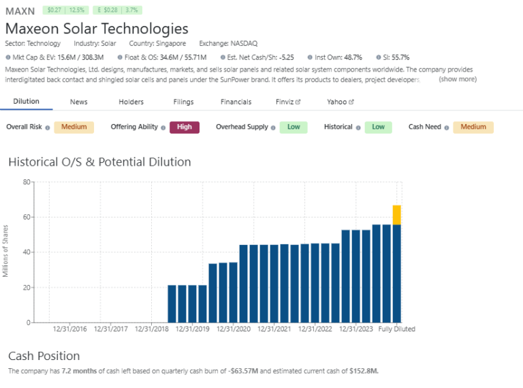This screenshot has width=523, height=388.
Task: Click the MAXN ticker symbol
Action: [x=20, y=11]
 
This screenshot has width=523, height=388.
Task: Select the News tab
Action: [x=79, y=102]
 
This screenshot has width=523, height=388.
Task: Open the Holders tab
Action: [x=131, y=102]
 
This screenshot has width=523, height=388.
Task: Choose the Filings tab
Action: [x=183, y=102]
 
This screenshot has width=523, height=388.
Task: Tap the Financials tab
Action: [x=236, y=102]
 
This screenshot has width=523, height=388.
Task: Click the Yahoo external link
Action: [x=340, y=102]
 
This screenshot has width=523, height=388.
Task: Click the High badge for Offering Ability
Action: [x=184, y=127]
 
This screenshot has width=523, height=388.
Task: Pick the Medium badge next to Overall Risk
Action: [x=74, y=127]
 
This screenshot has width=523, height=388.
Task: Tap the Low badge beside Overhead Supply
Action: [x=294, y=127]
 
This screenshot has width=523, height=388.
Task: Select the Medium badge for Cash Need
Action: [x=473, y=127]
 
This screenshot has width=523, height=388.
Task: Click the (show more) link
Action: [x=458, y=79]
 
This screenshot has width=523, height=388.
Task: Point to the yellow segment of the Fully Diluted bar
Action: [x=396, y=214]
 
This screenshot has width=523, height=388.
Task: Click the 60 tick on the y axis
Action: [x=27, y=217]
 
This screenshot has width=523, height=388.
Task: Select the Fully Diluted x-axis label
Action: [x=397, y=329]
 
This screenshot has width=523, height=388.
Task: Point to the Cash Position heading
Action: [x=44, y=356]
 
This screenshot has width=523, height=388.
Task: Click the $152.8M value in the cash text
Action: [x=363, y=371]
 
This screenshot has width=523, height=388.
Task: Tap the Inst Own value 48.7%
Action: [x=351, y=58]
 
